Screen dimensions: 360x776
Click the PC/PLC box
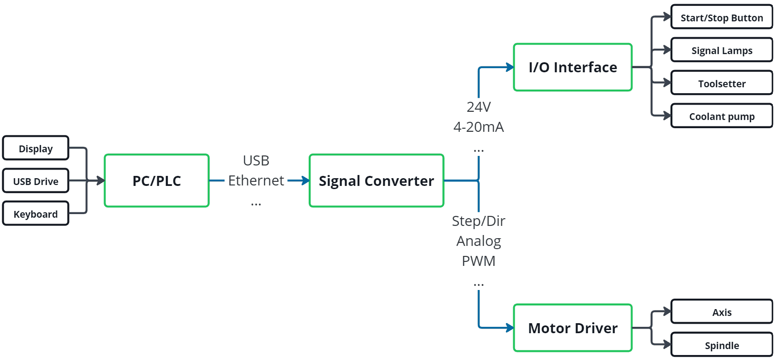(x=156, y=181)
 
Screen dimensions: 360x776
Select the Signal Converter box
(x=376, y=181)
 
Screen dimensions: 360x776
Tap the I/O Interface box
(x=572, y=67)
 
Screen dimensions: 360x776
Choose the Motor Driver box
(x=572, y=328)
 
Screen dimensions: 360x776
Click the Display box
(x=35, y=148)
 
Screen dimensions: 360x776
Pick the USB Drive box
(x=35, y=181)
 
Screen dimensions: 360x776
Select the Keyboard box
(x=35, y=214)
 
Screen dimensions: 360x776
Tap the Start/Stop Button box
(x=721, y=17)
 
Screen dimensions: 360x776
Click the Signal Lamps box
(x=721, y=50)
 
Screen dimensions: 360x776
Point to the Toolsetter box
(x=721, y=83)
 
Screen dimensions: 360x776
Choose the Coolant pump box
(x=721, y=116)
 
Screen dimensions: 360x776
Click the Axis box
(x=721, y=312)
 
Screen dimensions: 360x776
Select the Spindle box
(x=721, y=345)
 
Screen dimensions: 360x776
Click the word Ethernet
(x=256, y=180)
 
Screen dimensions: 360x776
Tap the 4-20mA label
(x=478, y=127)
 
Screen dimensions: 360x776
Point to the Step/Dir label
(x=478, y=221)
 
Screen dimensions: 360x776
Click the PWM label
(x=478, y=261)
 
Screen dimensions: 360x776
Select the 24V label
(x=478, y=107)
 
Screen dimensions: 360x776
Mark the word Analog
(x=478, y=241)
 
